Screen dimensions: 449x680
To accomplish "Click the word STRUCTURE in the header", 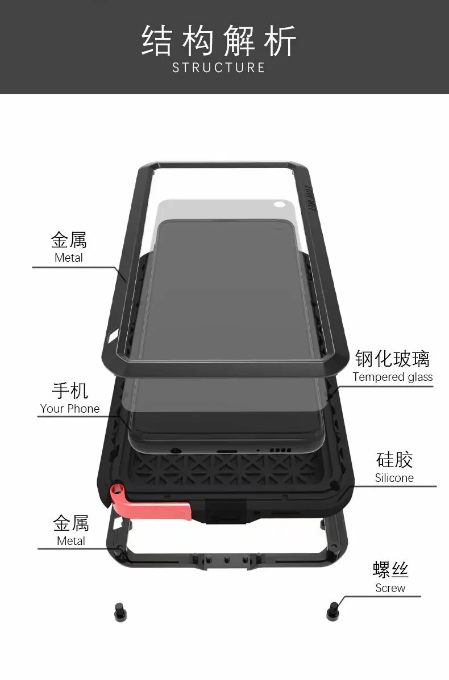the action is point(219,68).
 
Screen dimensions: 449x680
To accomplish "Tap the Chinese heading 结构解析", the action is point(219,41).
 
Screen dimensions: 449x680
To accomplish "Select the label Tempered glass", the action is point(392,377).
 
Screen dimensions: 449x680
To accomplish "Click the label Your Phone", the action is point(70,409).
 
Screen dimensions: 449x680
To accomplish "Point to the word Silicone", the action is point(394,478).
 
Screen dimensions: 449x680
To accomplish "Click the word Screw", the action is point(390,588).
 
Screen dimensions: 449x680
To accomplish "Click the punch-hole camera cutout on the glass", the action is point(279,204).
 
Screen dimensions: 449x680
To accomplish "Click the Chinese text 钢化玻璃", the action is point(392,359).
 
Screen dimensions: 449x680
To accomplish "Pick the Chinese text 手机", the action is point(70,391).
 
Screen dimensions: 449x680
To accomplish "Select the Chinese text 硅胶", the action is point(394,460).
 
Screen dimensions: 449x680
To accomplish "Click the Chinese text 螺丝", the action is point(390,569).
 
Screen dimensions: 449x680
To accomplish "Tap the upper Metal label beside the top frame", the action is point(69,258).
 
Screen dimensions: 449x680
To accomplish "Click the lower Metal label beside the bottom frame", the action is point(71,541).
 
